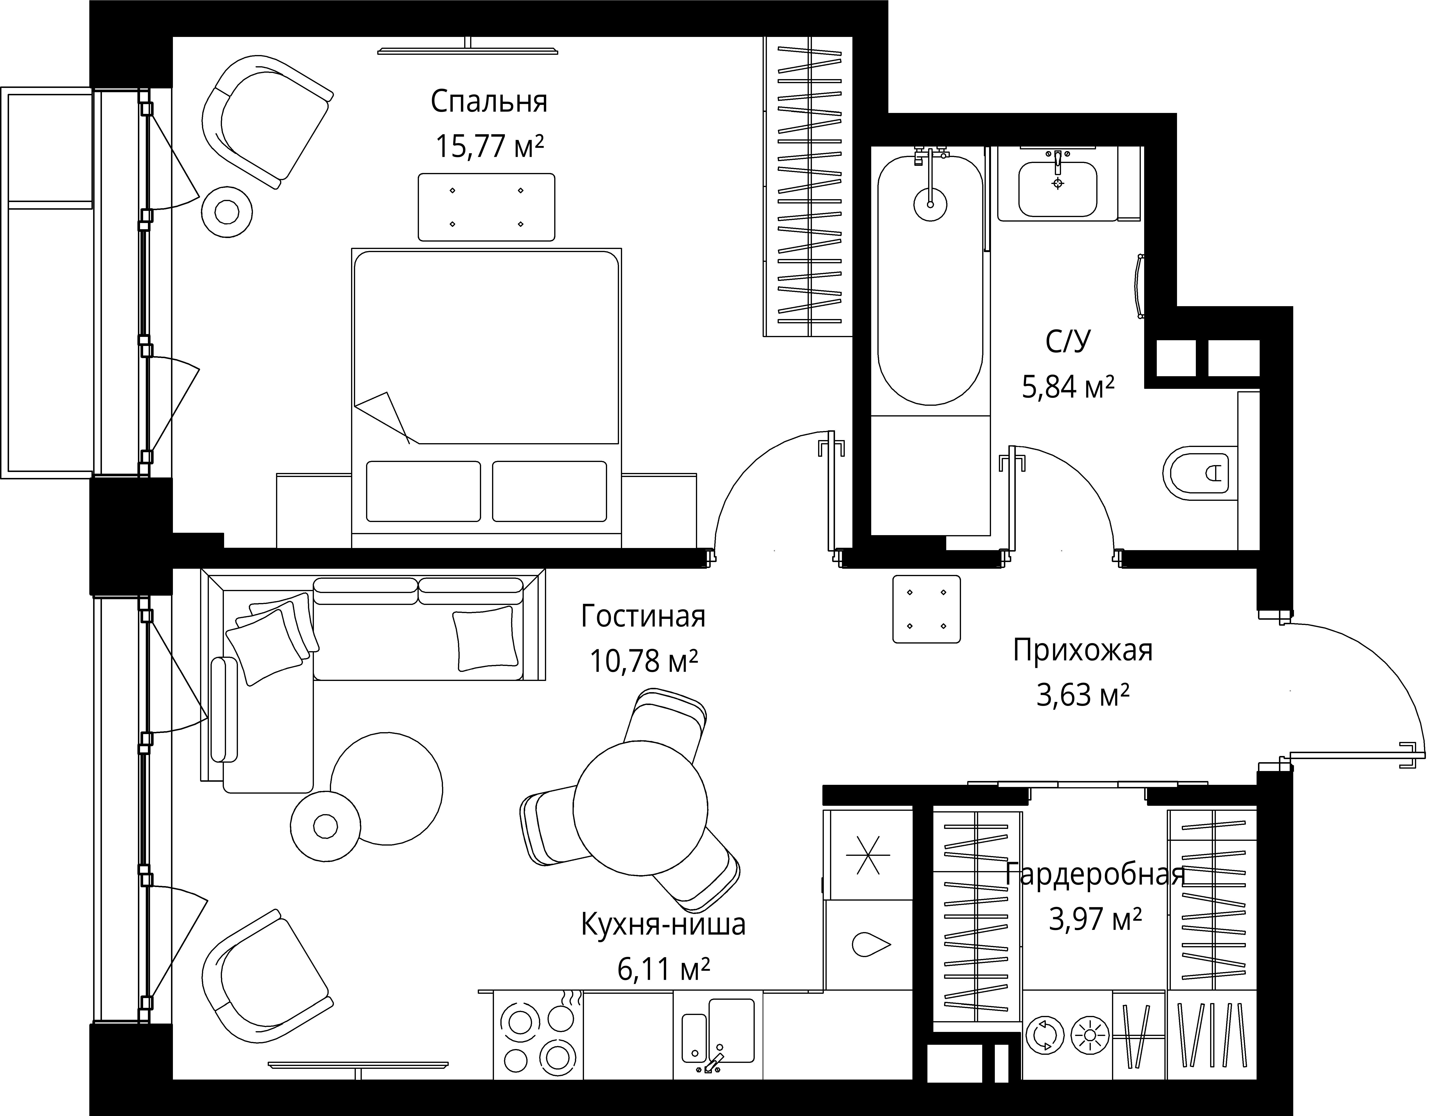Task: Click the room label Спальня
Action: pos(489,102)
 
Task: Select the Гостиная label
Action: pos(643,617)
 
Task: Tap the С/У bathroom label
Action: pos(1068,342)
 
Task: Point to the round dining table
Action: pos(641,808)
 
